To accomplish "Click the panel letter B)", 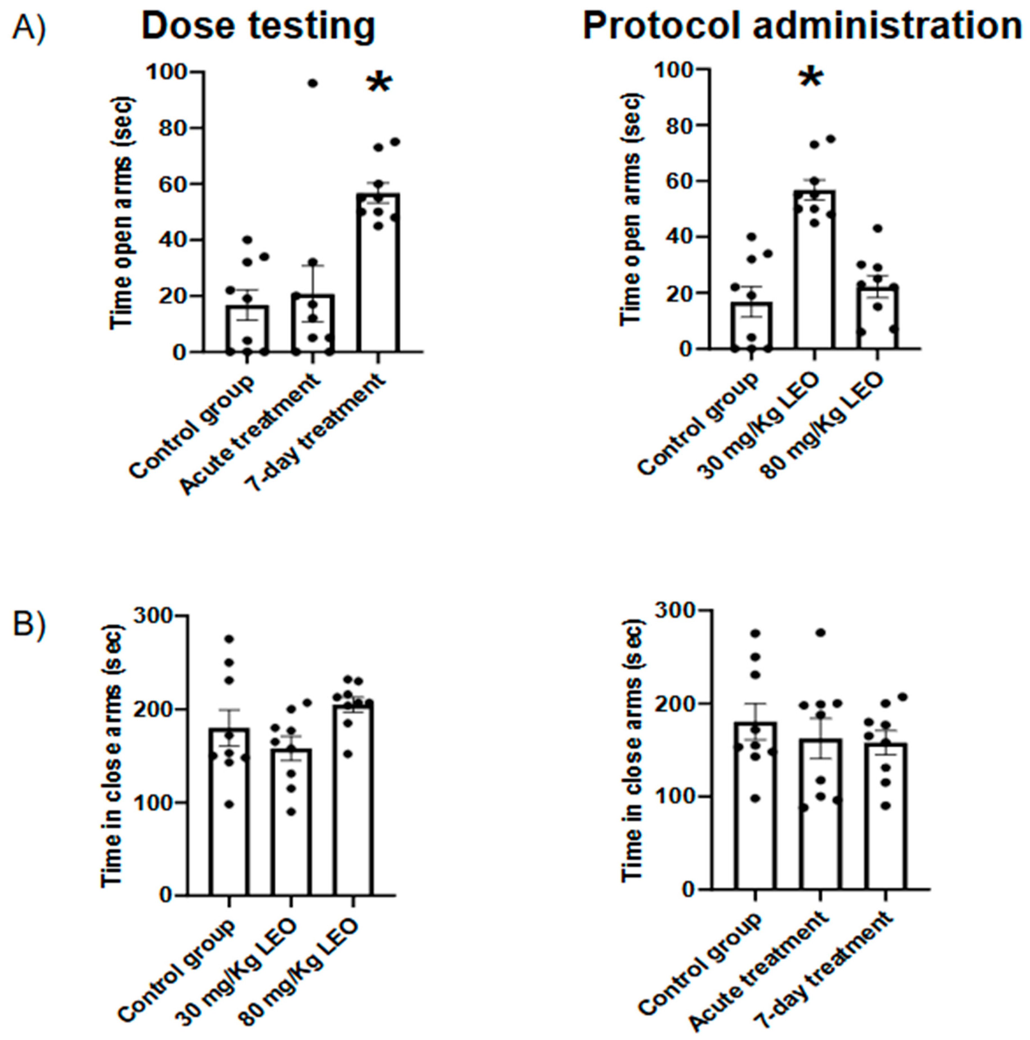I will click(30, 624).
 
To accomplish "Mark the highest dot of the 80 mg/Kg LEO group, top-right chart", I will click(877, 228).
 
